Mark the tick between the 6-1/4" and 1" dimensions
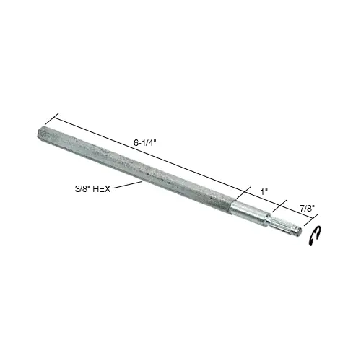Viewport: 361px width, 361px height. [238, 190]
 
